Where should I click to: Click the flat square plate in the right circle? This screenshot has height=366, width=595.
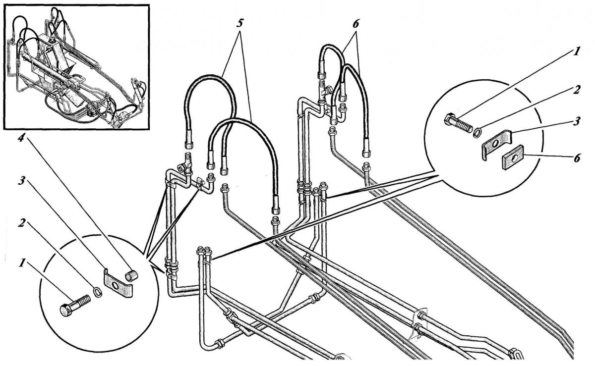point(513,159)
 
